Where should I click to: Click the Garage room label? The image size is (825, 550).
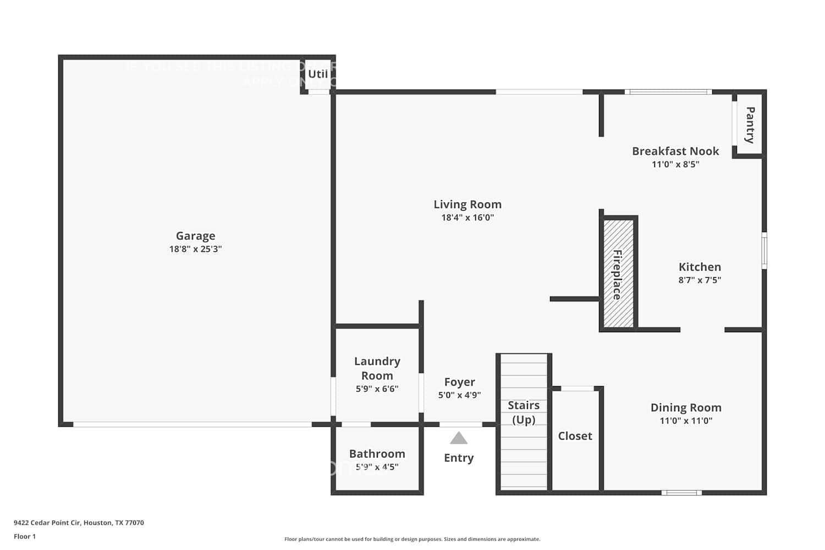click(x=195, y=236)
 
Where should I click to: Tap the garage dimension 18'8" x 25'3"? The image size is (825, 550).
click(x=195, y=249)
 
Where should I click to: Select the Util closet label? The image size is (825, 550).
click(x=318, y=74)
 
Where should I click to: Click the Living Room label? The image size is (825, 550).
click(x=468, y=205)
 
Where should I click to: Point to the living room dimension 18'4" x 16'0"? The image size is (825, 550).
click(x=468, y=218)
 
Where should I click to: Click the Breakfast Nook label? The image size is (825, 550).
click(x=675, y=151)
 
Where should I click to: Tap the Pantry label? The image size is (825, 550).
click(x=750, y=125)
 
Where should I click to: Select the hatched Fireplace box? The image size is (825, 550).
click(x=618, y=274)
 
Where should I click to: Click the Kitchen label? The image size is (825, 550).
click(x=700, y=267)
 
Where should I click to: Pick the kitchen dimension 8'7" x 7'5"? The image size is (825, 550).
click(x=700, y=280)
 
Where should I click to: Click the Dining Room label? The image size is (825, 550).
click(x=686, y=408)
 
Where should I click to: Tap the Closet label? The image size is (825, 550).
click(x=575, y=436)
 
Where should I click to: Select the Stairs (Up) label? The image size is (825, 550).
click(x=524, y=413)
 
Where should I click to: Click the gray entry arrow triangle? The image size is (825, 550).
click(x=459, y=438)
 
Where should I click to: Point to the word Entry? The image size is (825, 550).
click(x=459, y=458)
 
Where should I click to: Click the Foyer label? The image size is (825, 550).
click(x=460, y=382)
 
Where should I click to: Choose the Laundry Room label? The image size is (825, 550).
click(x=377, y=369)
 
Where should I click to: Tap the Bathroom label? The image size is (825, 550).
click(x=377, y=454)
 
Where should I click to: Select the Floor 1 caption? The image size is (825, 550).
click(x=25, y=537)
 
